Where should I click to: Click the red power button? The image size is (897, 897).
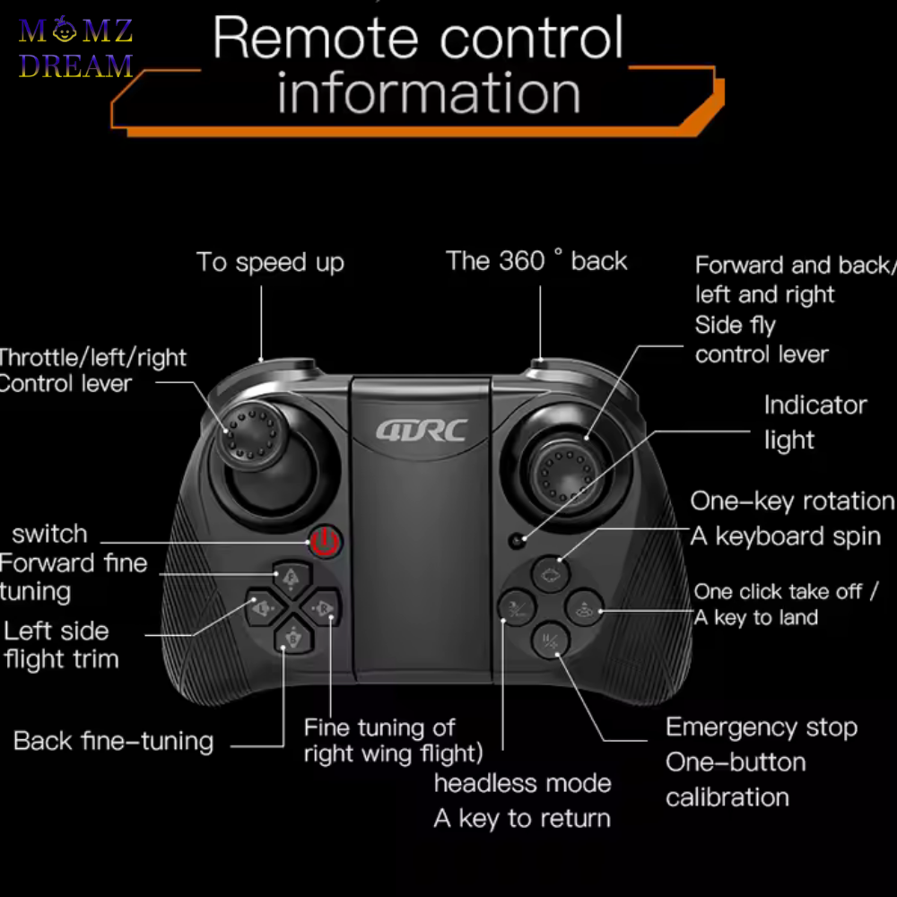(326, 541)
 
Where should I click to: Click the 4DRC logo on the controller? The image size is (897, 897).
(422, 430)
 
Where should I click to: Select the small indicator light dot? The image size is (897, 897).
(516, 541)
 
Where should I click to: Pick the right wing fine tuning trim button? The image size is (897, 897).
(322, 609)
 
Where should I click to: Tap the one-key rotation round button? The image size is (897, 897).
(551, 574)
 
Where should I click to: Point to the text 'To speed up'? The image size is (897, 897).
(270, 263)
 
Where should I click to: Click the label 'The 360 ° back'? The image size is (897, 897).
(536, 261)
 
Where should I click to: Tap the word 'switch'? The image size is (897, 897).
(50, 534)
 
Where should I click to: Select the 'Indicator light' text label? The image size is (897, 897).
(814, 422)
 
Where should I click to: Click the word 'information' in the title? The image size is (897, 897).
(429, 94)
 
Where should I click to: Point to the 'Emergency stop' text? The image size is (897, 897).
(761, 727)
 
